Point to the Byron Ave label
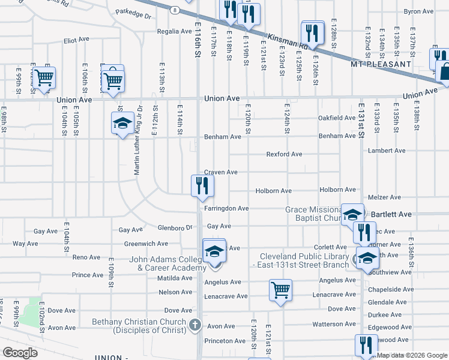pos(418,11)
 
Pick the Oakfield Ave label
pos(336,118)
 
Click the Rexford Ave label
pos(284,154)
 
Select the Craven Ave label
pos(221,172)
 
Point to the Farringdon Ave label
pos(226,208)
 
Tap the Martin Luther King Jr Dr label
pos(137,144)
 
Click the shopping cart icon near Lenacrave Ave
pos(280,290)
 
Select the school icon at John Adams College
pos(214,252)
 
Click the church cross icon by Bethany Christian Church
pos(194,325)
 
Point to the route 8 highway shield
pos(173,10)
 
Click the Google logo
pos(20,353)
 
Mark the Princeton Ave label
pos(225,341)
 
